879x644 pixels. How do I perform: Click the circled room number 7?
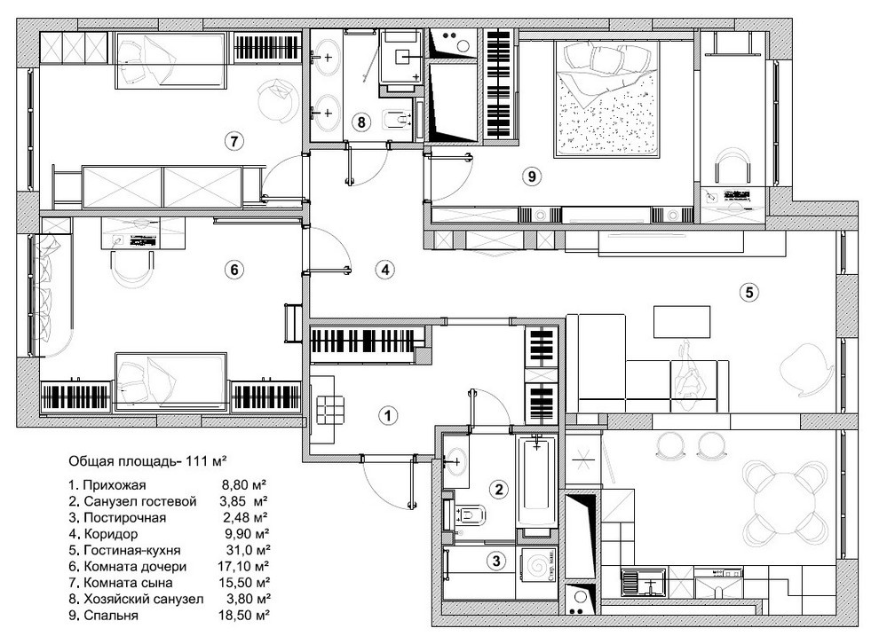[x=234, y=140]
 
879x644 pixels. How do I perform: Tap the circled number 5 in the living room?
[x=749, y=292]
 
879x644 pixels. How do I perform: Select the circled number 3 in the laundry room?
[x=496, y=560]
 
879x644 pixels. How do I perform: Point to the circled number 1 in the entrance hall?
[x=388, y=415]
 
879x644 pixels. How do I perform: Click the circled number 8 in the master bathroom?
[x=361, y=122]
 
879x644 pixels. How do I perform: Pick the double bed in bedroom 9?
[x=607, y=99]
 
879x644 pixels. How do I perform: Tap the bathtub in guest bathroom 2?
[x=537, y=483]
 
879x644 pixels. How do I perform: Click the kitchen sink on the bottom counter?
[x=644, y=583]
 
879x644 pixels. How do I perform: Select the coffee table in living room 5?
[x=682, y=321]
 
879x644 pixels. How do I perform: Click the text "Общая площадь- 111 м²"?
[x=147, y=461]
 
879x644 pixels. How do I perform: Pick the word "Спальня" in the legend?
[x=111, y=616]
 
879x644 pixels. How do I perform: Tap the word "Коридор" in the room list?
[x=111, y=534]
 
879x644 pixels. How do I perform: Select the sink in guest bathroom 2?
[x=455, y=461]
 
